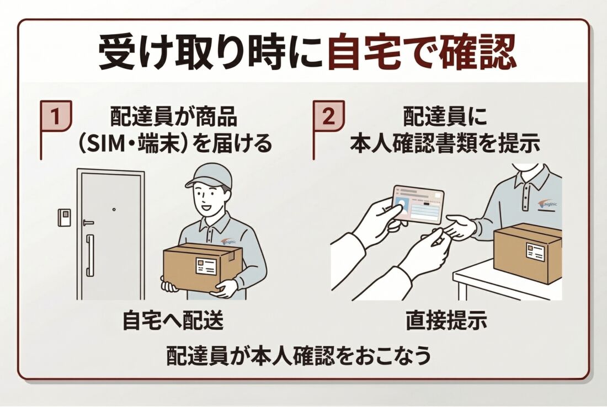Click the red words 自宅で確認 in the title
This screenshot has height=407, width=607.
[x=422, y=53]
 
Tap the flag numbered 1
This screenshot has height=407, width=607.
[x=56, y=117]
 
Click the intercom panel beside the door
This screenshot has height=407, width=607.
[x=63, y=217]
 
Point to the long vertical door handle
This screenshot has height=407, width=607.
[x=89, y=255]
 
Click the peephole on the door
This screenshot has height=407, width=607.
[x=114, y=210]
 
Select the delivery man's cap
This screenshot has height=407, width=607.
[x=209, y=176]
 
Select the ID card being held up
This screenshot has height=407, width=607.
[x=418, y=204]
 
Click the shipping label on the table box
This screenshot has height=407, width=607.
[x=535, y=252]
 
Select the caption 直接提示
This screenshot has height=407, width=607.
[x=446, y=322]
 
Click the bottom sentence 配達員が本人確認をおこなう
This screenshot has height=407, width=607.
[x=299, y=357]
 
